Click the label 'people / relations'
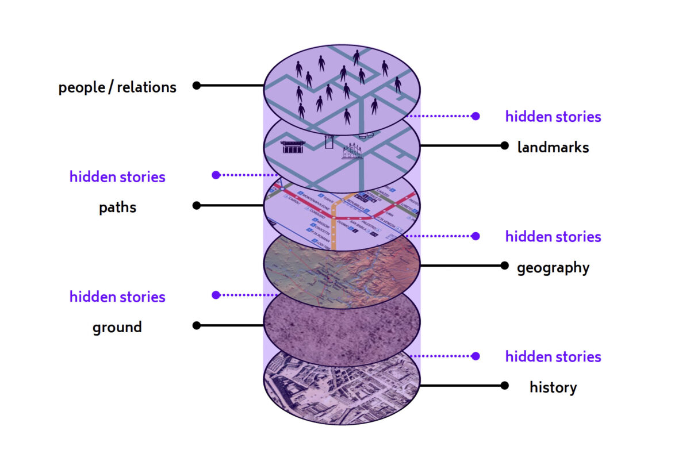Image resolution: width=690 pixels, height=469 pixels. click(x=117, y=87)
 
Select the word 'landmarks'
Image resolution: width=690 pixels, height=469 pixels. click(x=553, y=147)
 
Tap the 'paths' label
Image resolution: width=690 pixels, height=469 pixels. click(x=117, y=207)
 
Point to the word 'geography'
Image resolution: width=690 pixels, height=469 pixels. click(x=553, y=267)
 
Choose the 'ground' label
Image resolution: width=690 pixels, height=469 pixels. click(x=117, y=328)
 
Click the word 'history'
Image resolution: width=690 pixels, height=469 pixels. click(x=553, y=387)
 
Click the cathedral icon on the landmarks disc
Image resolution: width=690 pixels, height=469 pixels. click(x=352, y=151)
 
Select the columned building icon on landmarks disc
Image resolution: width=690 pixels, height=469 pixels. click(x=293, y=147)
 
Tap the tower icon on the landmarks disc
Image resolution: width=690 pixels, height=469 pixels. click(x=329, y=141)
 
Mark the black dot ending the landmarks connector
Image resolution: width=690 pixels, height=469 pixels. click(x=505, y=145)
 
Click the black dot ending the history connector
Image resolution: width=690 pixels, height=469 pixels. click(x=505, y=386)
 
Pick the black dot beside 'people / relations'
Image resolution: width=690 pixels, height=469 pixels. click(x=197, y=86)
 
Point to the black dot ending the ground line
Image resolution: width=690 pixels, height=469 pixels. click(x=197, y=325)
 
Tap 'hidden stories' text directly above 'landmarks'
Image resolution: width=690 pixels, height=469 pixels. click(x=553, y=117)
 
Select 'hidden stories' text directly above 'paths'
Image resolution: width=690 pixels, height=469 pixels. click(x=117, y=177)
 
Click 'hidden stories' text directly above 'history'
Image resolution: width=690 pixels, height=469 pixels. click(x=553, y=357)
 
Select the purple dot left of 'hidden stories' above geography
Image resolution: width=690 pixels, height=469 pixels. click(x=476, y=236)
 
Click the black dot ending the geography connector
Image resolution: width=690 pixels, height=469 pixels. click(x=505, y=266)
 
